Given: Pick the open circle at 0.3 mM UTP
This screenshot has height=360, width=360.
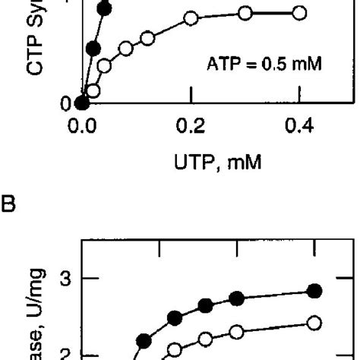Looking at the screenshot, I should coord(245,13).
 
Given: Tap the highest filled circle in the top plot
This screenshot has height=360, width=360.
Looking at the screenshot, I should coord(105,9).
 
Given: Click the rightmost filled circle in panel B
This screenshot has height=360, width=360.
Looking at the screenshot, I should coord(314,290).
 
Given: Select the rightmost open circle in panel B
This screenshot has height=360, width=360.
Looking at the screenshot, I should coord(314,323).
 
